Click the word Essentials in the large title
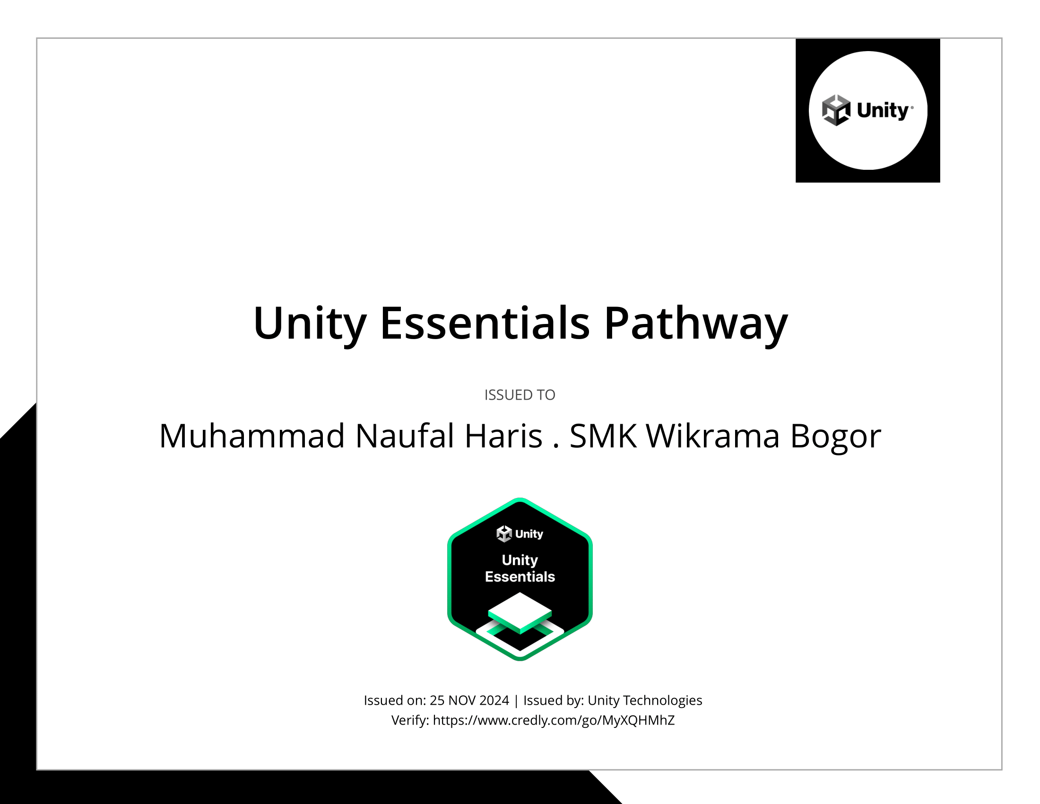click(x=485, y=323)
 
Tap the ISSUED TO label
click(x=520, y=395)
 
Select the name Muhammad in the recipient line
click(x=251, y=436)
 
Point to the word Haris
click(x=503, y=436)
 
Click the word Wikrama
click(x=712, y=436)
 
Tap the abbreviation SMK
click(x=603, y=436)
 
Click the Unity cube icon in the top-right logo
click(x=836, y=110)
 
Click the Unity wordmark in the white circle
click(x=883, y=111)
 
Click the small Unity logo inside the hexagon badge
click(x=520, y=534)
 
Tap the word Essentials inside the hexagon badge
click(x=520, y=577)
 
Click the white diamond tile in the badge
click(x=520, y=611)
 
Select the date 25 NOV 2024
click(x=469, y=700)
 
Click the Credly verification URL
click(x=554, y=720)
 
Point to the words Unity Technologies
click(x=645, y=700)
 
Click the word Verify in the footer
click(x=410, y=720)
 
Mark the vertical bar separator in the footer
click(x=516, y=700)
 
